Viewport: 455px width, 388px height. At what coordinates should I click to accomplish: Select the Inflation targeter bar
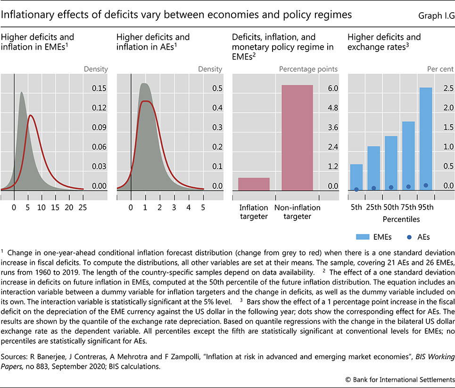254,184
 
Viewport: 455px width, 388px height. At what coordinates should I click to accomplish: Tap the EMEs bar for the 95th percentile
425,139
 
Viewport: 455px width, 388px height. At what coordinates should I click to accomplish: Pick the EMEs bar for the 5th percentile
356,177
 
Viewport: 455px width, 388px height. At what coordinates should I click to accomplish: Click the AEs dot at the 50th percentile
391,187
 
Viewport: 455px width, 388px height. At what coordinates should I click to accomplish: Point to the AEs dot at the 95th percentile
425,186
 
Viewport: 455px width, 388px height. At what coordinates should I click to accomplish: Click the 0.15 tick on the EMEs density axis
99,88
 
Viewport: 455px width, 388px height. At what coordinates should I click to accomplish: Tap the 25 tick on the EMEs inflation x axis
83,207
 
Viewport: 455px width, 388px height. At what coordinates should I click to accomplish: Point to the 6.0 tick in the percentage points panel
333,88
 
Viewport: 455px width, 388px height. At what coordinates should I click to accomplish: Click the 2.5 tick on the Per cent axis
448,88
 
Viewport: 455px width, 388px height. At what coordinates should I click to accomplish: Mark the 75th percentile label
408,207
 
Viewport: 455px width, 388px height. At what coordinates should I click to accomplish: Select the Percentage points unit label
308,69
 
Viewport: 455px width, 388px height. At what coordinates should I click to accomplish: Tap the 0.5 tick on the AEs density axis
217,88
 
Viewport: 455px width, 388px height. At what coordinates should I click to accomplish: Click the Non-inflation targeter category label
297,212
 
